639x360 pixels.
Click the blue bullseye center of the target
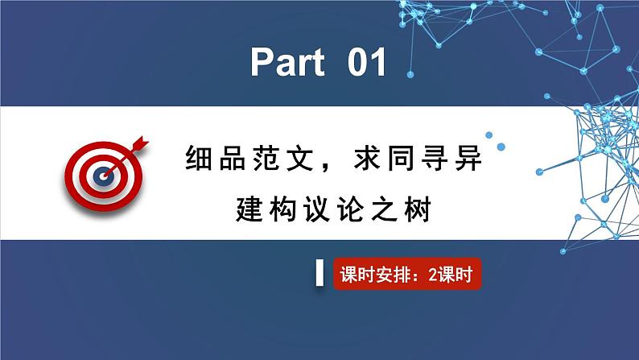(102, 172)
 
